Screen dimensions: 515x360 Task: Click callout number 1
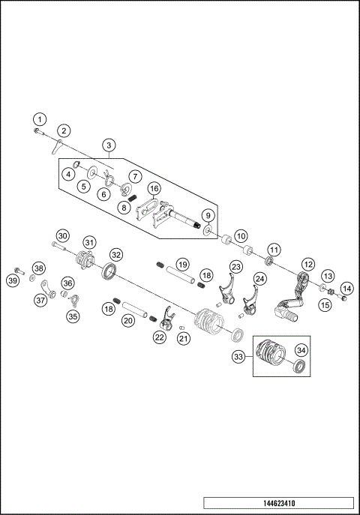(39, 118)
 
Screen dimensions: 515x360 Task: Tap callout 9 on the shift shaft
(208, 216)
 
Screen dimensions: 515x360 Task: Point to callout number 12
(307, 264)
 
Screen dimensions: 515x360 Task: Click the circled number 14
(346, 287)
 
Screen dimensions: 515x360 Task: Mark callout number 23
(235, 267)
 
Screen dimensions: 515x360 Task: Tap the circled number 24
(259, 279)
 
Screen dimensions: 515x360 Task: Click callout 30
(62, 235)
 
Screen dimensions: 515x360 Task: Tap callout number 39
(12, 280)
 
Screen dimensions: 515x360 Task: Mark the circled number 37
(38, 300)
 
